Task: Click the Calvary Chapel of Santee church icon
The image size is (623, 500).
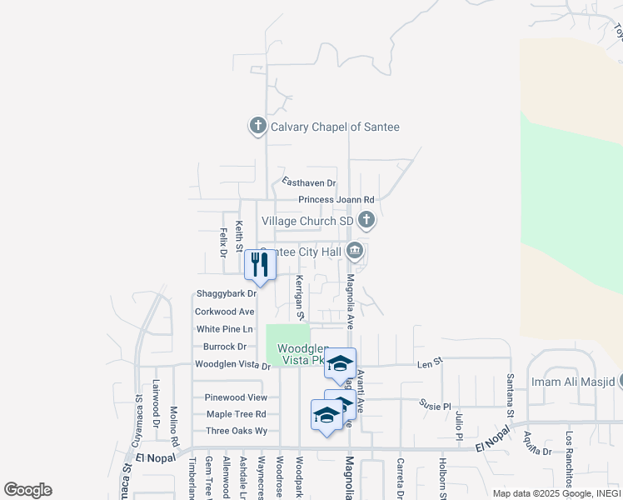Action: click(257, 127)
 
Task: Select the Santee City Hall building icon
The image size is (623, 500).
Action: click(355, 251)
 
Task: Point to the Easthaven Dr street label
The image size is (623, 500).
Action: click(308, 182)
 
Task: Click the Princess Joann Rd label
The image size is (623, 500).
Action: click(336, 200)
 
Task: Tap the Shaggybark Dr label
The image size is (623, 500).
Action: click(226, 294)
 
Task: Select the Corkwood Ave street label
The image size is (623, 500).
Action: click(224, 312)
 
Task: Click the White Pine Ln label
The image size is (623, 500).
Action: click(224, 329)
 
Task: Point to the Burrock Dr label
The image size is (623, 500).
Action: click(224, 347)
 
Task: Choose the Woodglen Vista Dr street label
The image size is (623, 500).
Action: click(232, 365)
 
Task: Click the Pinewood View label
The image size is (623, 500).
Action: click(237, 397)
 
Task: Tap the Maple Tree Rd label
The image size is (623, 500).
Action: click(236, 414)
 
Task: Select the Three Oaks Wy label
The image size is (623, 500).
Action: click(237, 431)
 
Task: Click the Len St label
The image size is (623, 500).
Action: click(430, 364)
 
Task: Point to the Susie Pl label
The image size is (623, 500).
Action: click(435, 403)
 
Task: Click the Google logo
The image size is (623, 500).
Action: click(27, 489)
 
